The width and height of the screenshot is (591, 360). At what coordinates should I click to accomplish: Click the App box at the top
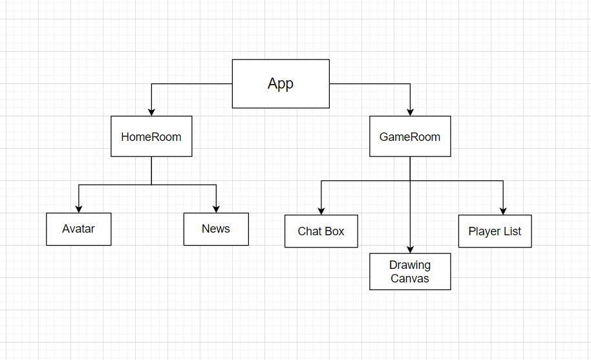(281, 83)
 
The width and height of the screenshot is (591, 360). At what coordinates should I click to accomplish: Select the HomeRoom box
(151, 136)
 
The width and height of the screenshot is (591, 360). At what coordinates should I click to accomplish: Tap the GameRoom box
(410, 136)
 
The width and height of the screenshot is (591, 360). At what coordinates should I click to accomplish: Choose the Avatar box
(78, 229)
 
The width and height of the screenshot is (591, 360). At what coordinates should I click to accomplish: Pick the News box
(216, 229)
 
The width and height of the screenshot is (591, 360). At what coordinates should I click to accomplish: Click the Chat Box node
(321, 231)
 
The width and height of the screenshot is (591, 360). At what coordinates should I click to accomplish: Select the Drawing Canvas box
(410, 271)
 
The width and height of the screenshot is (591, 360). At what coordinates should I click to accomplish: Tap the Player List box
(495, 231)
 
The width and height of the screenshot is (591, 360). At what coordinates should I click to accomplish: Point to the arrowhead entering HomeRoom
(151, 112)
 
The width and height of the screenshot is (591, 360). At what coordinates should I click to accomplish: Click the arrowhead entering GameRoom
(410, 112)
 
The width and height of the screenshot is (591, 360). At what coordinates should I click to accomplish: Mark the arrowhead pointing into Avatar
(78, 209)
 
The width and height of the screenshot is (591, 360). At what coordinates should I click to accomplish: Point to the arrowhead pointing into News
(216, 209)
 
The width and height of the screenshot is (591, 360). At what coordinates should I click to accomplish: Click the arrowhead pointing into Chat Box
(321, 211)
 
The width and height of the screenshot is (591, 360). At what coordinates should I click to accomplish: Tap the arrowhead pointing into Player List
(503, 211)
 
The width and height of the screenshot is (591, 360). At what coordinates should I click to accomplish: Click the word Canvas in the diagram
(410, 279)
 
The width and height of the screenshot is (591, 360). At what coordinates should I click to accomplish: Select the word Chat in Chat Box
(308, 231)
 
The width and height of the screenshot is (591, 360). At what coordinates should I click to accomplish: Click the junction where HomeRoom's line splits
(151, 185)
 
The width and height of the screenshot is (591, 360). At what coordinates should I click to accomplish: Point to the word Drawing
(410, 265)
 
